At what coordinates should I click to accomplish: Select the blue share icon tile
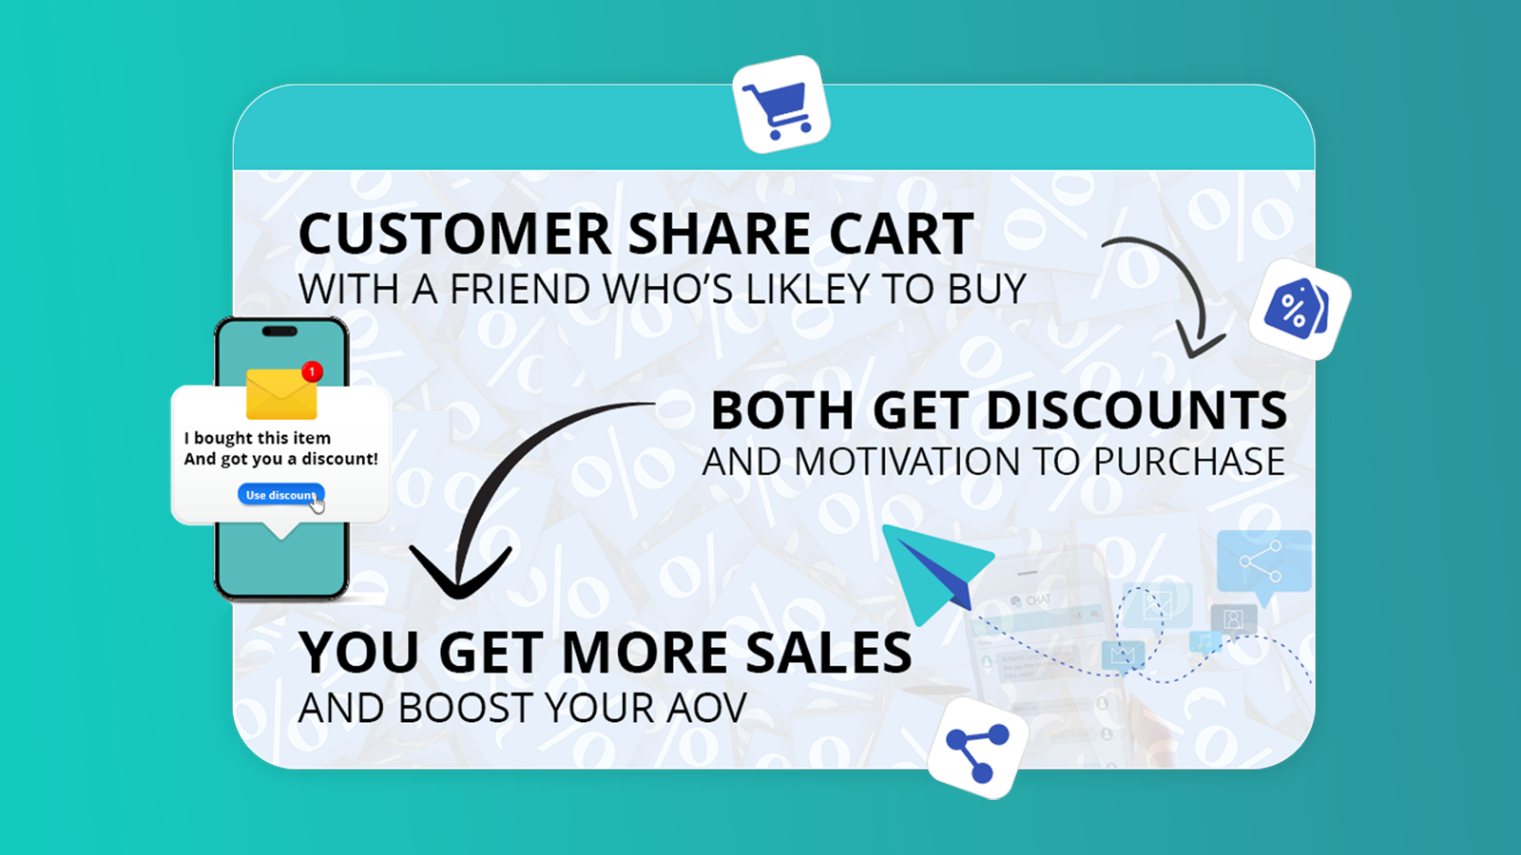[978, 749]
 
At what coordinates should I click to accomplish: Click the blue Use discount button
[280, 495]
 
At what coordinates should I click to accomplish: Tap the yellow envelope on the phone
[281, 394]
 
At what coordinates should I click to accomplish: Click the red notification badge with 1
[313, 371]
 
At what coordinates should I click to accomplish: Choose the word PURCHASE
[1189, 462]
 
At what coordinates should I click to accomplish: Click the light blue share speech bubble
[1263, 564]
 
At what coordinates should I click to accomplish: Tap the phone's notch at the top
[279, 332]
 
